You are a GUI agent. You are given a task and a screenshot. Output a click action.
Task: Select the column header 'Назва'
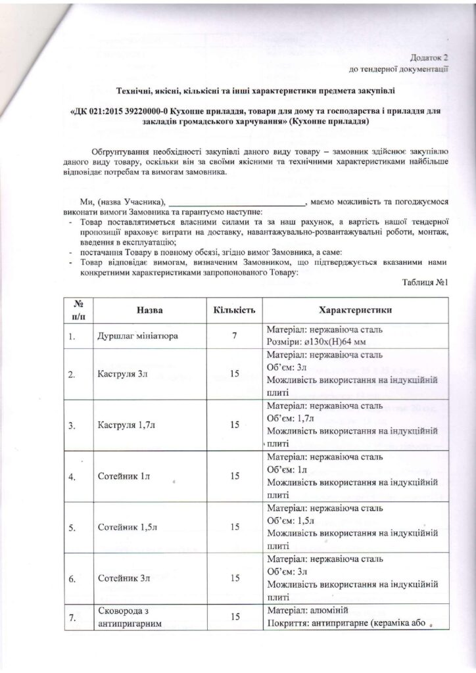[150, 309]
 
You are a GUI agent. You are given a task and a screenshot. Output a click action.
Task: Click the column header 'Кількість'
[234, 309]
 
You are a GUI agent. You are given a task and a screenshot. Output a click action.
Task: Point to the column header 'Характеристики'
[355, 309]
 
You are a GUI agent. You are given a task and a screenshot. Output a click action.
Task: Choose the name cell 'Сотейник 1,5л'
[124, 527]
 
